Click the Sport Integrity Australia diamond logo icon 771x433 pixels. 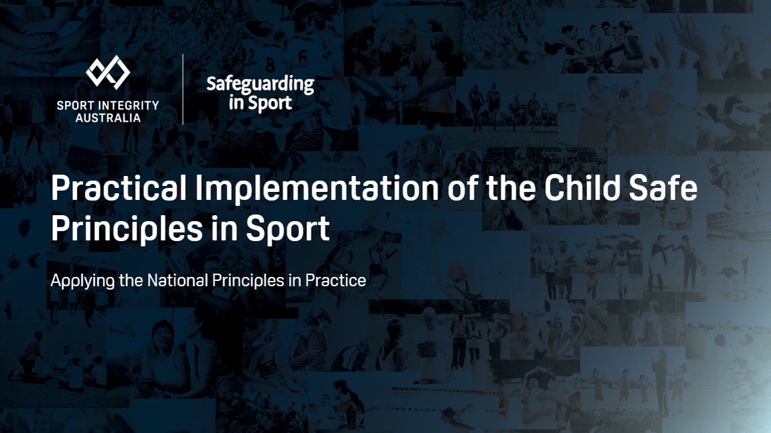coord(108,72)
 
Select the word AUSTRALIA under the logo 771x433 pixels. coord(108,118)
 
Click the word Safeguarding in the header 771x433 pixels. coord(260,84)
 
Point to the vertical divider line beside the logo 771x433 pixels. coord(183,89)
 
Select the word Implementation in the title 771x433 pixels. coord(317,189)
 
